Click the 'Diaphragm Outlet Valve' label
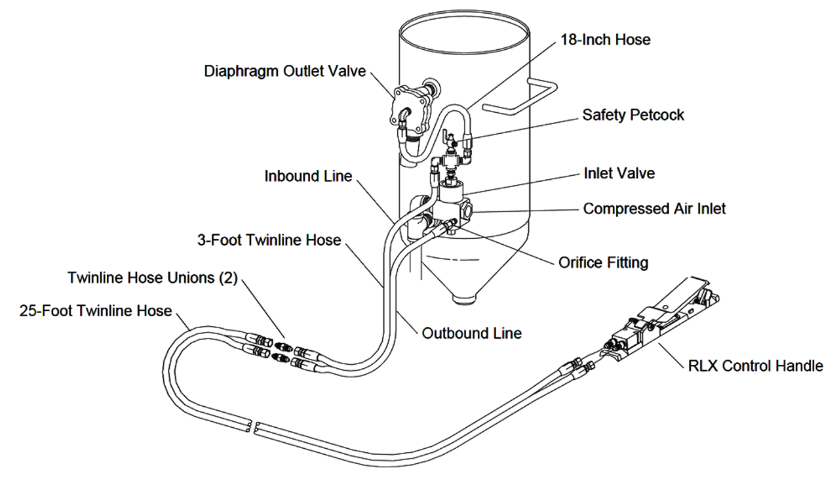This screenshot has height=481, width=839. pos(285,71)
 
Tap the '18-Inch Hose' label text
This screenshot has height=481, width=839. pos(605,39)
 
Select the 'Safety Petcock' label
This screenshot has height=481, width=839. pos(633,115)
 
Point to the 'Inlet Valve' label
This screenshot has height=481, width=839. pos(619,173)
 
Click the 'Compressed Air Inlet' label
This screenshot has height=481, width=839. pos(654,209)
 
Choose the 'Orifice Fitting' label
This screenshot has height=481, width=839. pos(603,262)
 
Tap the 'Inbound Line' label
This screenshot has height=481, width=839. pos(308,176)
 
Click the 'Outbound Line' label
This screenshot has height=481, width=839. pos(471,333)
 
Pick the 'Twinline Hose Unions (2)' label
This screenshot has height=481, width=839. pos(152,278)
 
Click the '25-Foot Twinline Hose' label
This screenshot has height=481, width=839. pos(96,310)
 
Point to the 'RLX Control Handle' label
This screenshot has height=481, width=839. pos(755,366)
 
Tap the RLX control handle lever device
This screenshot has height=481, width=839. pos(662,315)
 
